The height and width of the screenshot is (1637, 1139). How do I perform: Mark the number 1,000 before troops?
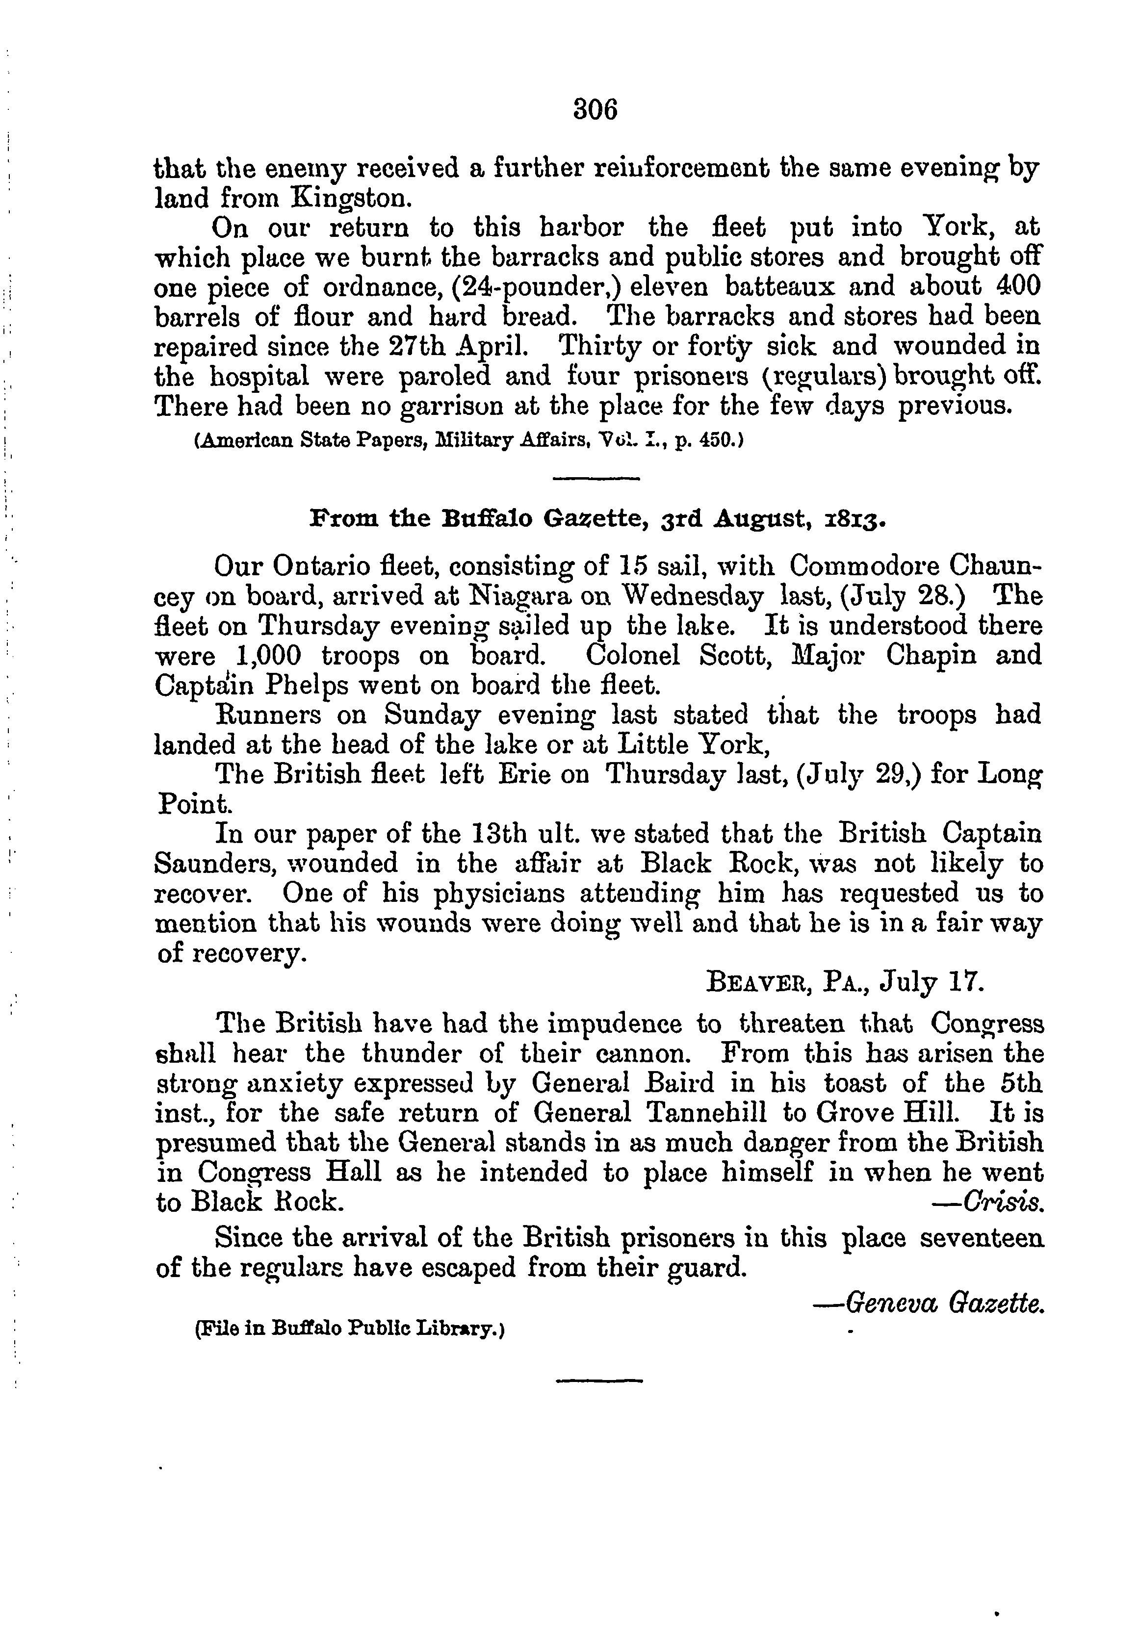(269, 655)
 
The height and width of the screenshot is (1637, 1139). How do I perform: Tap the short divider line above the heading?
(595, 478)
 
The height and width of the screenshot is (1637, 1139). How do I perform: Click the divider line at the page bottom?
(598, 1381)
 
